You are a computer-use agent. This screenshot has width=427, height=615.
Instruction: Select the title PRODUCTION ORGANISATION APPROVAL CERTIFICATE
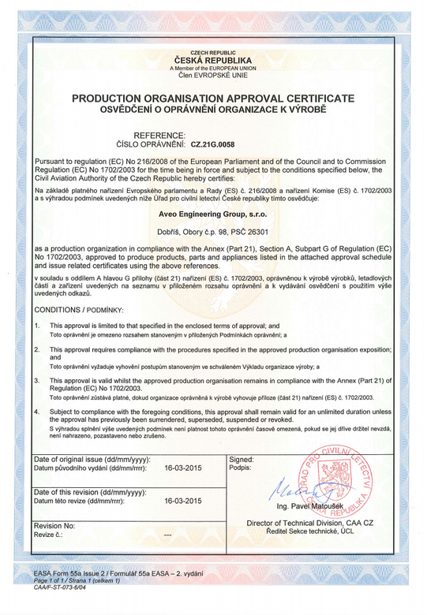(x=212, y=98)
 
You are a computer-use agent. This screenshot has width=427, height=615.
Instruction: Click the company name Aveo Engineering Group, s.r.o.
(x=213, y=214)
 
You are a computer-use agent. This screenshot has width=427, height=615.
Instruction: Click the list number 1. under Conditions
(x=37, y=325)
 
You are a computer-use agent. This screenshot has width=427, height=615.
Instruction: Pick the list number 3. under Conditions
(x=37, y=380)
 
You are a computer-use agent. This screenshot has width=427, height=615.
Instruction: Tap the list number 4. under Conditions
(x=37, y=412)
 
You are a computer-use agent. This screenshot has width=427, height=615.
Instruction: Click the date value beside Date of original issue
(x=182, y=468)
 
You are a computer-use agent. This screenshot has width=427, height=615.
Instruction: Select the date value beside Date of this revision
(x=182, y=501)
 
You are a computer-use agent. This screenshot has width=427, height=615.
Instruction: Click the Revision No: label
(x=54, y=525)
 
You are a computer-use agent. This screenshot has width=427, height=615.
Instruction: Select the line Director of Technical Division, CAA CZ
(x=310, y=524)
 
